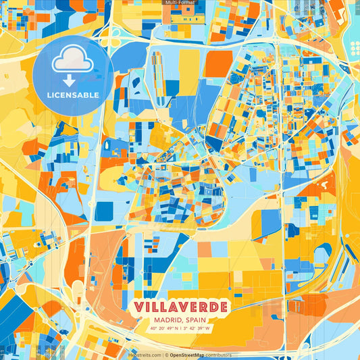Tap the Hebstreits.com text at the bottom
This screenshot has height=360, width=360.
pos(145,355)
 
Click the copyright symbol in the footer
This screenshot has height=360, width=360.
pos(165,355)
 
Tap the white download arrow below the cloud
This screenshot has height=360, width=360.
pos(69,80)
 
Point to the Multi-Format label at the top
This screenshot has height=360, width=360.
pos(180,3)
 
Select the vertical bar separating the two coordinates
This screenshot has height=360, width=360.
pos(180,329)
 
